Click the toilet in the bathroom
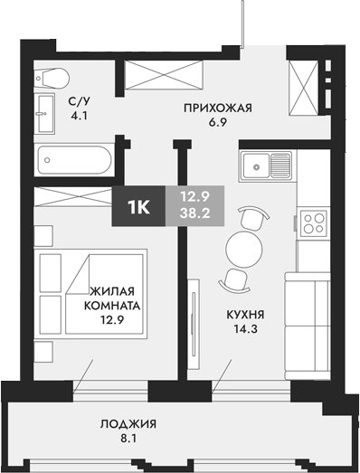52,78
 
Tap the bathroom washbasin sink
44,114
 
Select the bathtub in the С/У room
74,160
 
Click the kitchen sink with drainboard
266,166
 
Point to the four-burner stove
314,222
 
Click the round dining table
244,249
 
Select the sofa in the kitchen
308,326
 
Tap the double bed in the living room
90,292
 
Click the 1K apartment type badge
138,206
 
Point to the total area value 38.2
194,213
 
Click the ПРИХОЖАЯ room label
218,108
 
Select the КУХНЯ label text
245,315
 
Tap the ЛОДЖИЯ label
128,424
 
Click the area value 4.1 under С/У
79,116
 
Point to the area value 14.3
246,329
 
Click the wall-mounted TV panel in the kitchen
194,325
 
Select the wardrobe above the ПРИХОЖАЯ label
164,75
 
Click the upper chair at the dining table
252,218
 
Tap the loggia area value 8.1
128,439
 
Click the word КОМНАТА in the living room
112,306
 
